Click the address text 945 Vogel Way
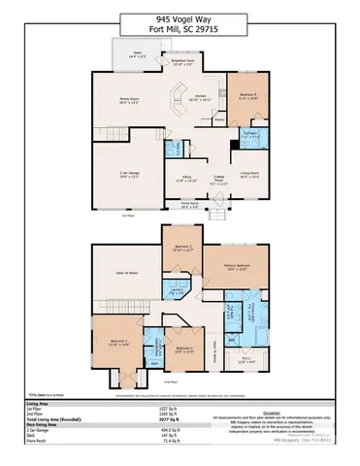[x=180, y=17]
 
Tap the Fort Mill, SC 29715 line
[x=180, y=30]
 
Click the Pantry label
[x=220, y=119]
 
